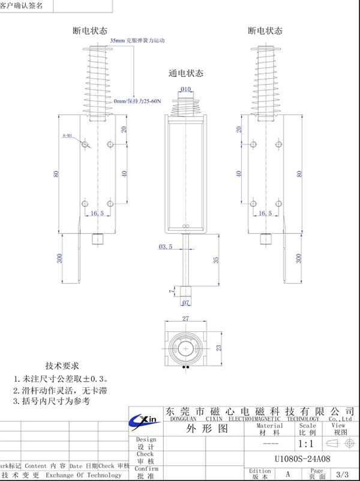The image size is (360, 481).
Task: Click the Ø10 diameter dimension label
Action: click(185, 90)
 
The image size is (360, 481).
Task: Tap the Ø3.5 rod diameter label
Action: click(166, 247)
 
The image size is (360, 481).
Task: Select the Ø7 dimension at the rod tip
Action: click(185, 302)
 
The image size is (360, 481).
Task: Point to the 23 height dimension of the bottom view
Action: click(219, 347)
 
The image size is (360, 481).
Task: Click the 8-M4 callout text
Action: click(67, 137)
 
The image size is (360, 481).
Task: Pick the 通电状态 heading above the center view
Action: click(186, 73)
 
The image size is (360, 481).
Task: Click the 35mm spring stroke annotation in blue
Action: click(137, 40)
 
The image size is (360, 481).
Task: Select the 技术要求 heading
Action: click(62, 366)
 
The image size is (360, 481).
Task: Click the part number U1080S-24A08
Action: click(302, 458)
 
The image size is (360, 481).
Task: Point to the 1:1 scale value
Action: click(306, 444)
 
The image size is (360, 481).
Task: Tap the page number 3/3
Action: click(343, 474)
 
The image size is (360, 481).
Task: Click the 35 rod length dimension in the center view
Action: click(217, 260)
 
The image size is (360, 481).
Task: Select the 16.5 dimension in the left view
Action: click(97, 213)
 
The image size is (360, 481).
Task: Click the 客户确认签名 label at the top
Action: click(22, 5)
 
